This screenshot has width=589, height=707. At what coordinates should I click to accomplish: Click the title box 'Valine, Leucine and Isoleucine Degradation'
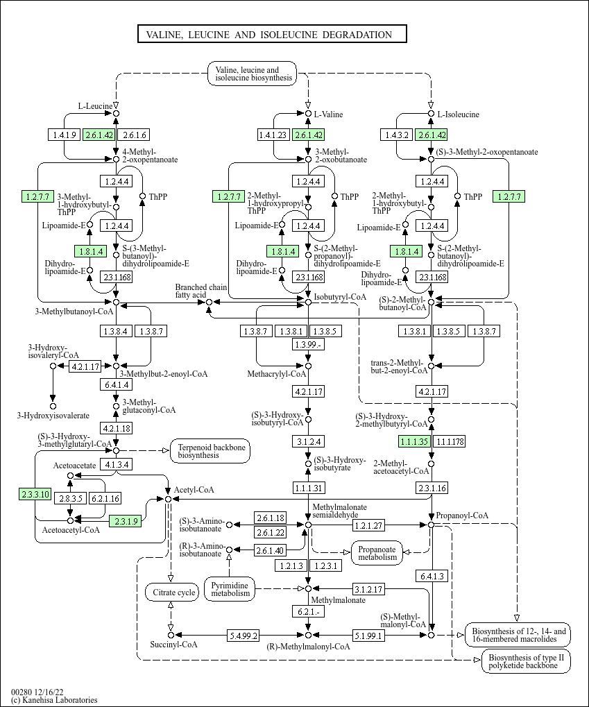tap(271, 35)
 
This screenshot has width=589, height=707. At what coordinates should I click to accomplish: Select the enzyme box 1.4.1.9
tap(65, 135)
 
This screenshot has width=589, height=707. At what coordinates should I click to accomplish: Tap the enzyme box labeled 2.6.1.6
tap(134, 135)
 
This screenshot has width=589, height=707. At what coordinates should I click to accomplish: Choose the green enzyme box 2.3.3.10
tap(35, 494)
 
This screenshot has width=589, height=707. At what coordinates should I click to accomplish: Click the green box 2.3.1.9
tap(126, 520)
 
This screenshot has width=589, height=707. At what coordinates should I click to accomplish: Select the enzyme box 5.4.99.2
tap(244, 635)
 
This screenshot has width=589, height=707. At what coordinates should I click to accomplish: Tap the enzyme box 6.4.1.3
tap(432, 576)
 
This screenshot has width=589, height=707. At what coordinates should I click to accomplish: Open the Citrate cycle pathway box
tap(171, 593)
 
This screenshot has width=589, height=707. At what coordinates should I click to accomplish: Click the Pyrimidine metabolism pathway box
tap(230, 588)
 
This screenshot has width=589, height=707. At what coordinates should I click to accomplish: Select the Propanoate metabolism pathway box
tap(377, 552)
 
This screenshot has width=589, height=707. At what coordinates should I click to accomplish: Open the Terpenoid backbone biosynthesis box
tap(210, 451)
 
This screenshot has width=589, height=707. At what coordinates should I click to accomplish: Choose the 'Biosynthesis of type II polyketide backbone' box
tap(526, 661)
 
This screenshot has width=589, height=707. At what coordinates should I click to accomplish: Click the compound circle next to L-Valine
tap(309, 113)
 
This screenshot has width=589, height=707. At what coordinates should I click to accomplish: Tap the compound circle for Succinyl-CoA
tap(170, 635)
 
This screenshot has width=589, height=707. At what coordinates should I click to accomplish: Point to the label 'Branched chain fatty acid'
tap(200, 291)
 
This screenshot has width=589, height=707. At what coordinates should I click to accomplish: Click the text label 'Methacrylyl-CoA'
tap(277, 374)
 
